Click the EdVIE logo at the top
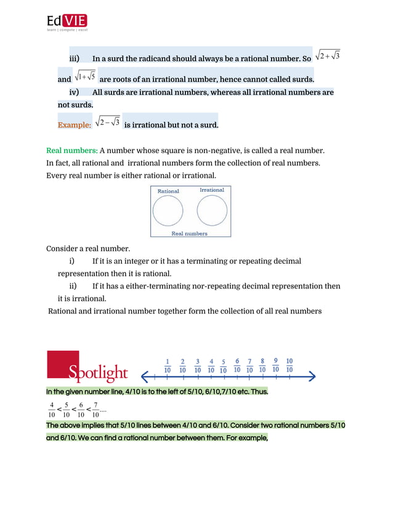[68, 21]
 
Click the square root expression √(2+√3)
[328, 57]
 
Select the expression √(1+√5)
[85, 77]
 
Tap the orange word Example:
[75, 125]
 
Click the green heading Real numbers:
[72, 151]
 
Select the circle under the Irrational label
[212, 211]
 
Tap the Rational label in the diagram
[168, 191]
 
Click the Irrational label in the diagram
[212, 190]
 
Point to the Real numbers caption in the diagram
[189, 234]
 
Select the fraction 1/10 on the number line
[168, 365]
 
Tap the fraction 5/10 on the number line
[223, 365]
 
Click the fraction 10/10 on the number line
[290, 365]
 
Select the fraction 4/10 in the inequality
[52, 409]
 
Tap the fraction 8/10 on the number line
[262, 365]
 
